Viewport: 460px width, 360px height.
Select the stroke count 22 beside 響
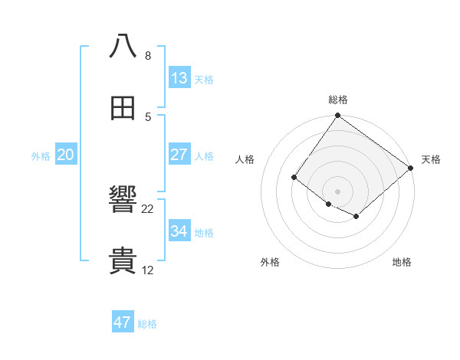pyautogui.click(x=148, y=209)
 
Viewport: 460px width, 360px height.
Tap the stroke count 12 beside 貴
pyautogui.click(x=148, y=270)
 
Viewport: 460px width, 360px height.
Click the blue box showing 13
pyautogui.click(x=179, y=78)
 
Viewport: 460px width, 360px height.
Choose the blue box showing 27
pyautogui.click(x=179, y=155)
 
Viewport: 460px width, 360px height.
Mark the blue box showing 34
pyautogui.click(x=179, y=231)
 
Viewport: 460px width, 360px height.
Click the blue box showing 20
pyautogui.click(x=66, y=155)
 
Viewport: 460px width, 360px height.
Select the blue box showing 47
pyautogui.click(x=123, y=322)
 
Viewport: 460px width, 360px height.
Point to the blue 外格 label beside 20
pyautogui.click(x=41, y=156)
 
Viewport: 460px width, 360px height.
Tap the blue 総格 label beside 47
pyautogui.click(x=147, y=324)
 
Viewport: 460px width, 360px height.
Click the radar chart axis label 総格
pyautogui.click(x=338, y=100)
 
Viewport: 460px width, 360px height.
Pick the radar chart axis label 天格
pyautogui.click(x=431, y=159)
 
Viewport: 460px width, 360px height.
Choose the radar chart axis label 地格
pyautogui.click(x=402, y=262)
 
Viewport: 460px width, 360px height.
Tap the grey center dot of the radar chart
pyautogui.click(x=337, y=191)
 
